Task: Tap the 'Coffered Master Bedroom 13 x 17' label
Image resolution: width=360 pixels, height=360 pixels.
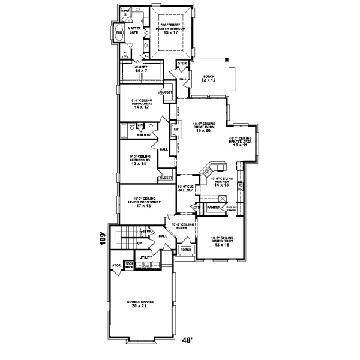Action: pyautogui.click(x=171, y=26)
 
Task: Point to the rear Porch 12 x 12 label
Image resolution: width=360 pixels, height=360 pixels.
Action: pyautogui.click(x=209, y=78)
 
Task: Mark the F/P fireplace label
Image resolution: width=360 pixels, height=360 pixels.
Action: pyautogui.click(x=176, y=129)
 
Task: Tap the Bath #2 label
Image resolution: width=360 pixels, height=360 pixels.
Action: pyautogui.click(x=143, y=135)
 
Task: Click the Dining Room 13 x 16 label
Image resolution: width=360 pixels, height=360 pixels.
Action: pyautogui.click(x=221, y=242)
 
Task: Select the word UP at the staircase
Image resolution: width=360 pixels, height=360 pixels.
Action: pyautogui.click(x=139, y=243)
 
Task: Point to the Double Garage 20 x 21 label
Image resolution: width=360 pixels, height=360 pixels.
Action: pyautogui.click(x=140, y=304)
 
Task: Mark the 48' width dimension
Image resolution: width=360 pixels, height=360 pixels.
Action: pyautogui.click(x=187, y=340)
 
